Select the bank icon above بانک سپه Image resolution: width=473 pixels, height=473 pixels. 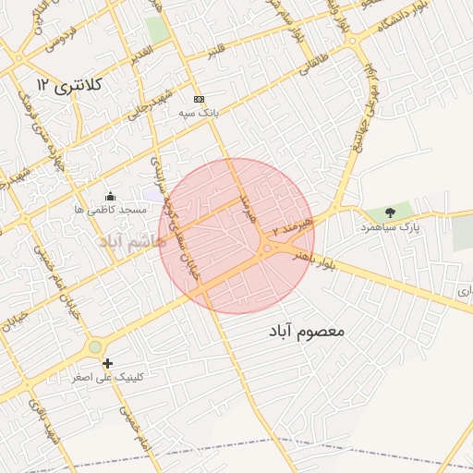[198, 99]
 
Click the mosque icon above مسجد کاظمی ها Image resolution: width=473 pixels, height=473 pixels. [111, 196]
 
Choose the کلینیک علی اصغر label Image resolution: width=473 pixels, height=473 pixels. [109, 377]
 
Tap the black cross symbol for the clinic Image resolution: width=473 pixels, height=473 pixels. [108, 363]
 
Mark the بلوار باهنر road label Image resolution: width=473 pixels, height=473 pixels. [315, 260]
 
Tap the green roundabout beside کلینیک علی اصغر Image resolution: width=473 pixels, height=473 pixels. [94, 347]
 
